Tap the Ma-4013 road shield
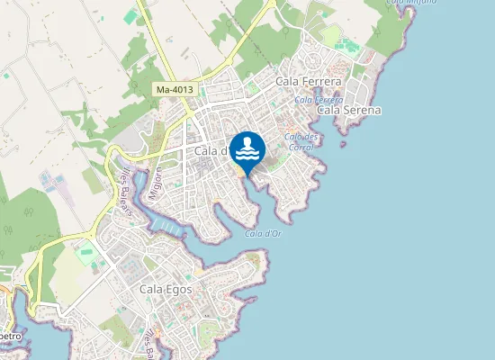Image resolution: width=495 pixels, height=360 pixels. click(174, 90)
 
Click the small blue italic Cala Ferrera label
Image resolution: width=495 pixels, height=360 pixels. click(317, 99)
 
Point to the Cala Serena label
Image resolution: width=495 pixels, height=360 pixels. click(349, 110)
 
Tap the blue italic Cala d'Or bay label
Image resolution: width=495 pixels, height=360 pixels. click(261, 234)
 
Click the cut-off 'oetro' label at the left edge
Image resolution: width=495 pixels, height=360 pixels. click(12, 334)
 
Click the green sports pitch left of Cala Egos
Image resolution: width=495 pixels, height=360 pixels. click(87, 253)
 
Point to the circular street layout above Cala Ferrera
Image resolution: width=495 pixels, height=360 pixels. click(314, 59)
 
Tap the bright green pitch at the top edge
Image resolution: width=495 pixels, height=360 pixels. click(131, 16)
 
